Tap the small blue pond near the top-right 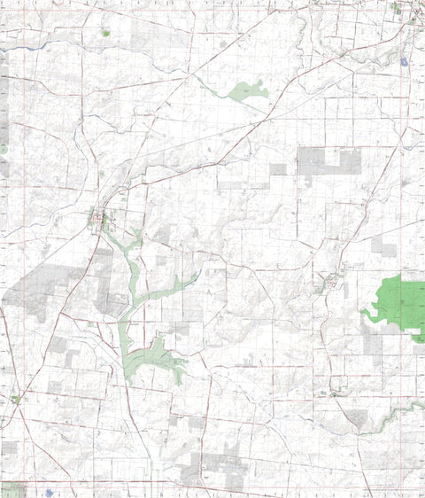pos(403,63)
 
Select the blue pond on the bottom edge pos(49,490)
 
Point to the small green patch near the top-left pos(105,34)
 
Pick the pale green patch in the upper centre pos(247,90)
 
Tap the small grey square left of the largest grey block pos(278,169)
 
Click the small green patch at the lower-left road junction pos(16,400)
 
